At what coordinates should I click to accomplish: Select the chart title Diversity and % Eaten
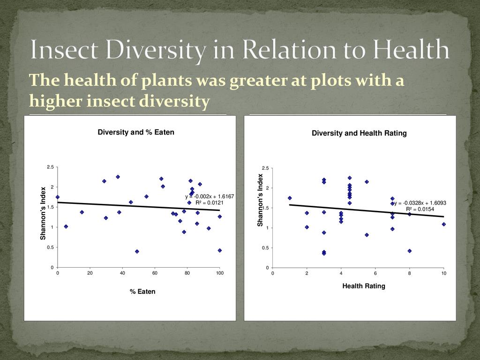click(x=136, y=132)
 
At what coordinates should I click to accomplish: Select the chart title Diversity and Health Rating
click(x=359, y=134)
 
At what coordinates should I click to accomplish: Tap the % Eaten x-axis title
click(x=142, y=292)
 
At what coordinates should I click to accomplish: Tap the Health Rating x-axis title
click(x=364, y=286)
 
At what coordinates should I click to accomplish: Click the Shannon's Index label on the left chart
click(x=43, y=213)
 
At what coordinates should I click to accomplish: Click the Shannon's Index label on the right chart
click(x=261, y=201)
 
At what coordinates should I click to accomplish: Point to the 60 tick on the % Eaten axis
click(x=155, y=273)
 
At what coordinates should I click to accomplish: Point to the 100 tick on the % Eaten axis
click(x=219, y=273)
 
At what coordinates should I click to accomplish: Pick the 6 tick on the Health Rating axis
click(x=375, y=273)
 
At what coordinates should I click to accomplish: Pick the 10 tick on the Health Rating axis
click(x=443, y=273)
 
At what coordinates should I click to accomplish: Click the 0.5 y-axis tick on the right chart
click(x=266, y=248)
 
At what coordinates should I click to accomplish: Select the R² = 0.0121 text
click(x=210, y=202)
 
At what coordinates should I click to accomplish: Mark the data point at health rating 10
click(x=443, y=224)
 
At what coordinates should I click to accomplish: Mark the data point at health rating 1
click(x=290, y=198)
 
